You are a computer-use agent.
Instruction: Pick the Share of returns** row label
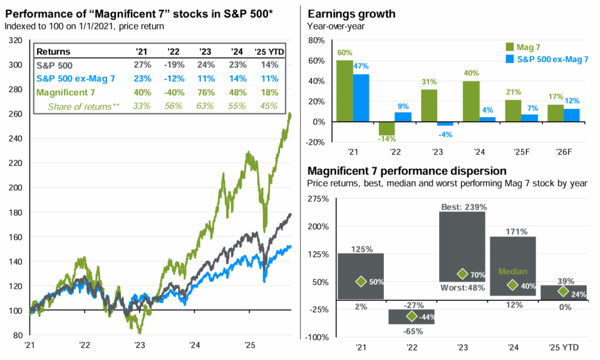pos(84,106)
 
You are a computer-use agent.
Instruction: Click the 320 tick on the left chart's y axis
pos(15,40)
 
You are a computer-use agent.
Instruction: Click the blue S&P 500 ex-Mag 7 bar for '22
pos(404,117)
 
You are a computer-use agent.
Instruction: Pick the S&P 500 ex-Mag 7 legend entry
pos(549,59)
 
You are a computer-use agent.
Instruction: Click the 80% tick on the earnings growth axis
pos(317,40)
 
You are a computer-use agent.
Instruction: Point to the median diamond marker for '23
pos(462,274)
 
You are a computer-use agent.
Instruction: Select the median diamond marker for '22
pos(412,316)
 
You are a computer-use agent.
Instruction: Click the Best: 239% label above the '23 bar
pos(464,207)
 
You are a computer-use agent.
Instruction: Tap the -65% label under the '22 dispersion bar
pos(412,331)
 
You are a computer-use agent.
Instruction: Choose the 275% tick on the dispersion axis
pos(318,199)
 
